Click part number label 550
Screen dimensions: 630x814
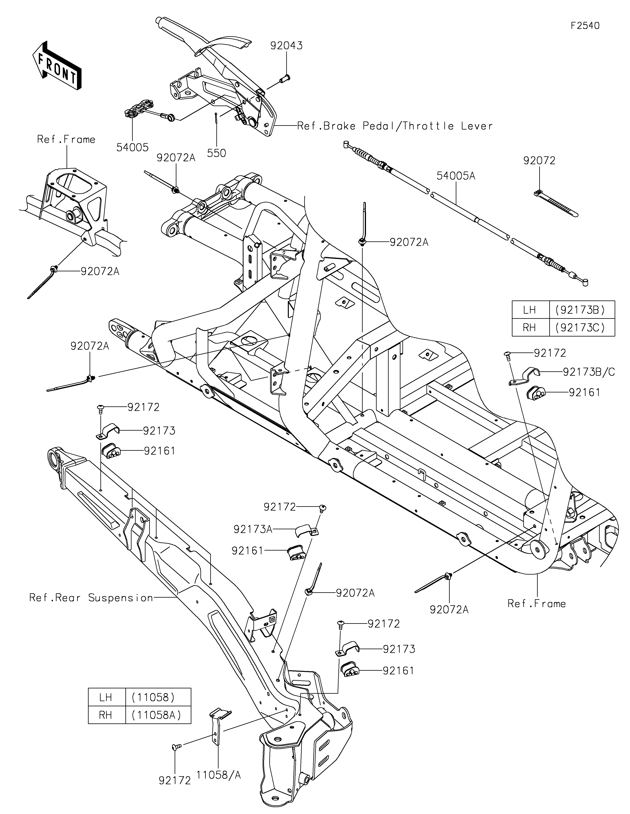[x=217, y=153]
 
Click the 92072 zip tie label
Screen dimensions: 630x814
[x=539, y=161]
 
